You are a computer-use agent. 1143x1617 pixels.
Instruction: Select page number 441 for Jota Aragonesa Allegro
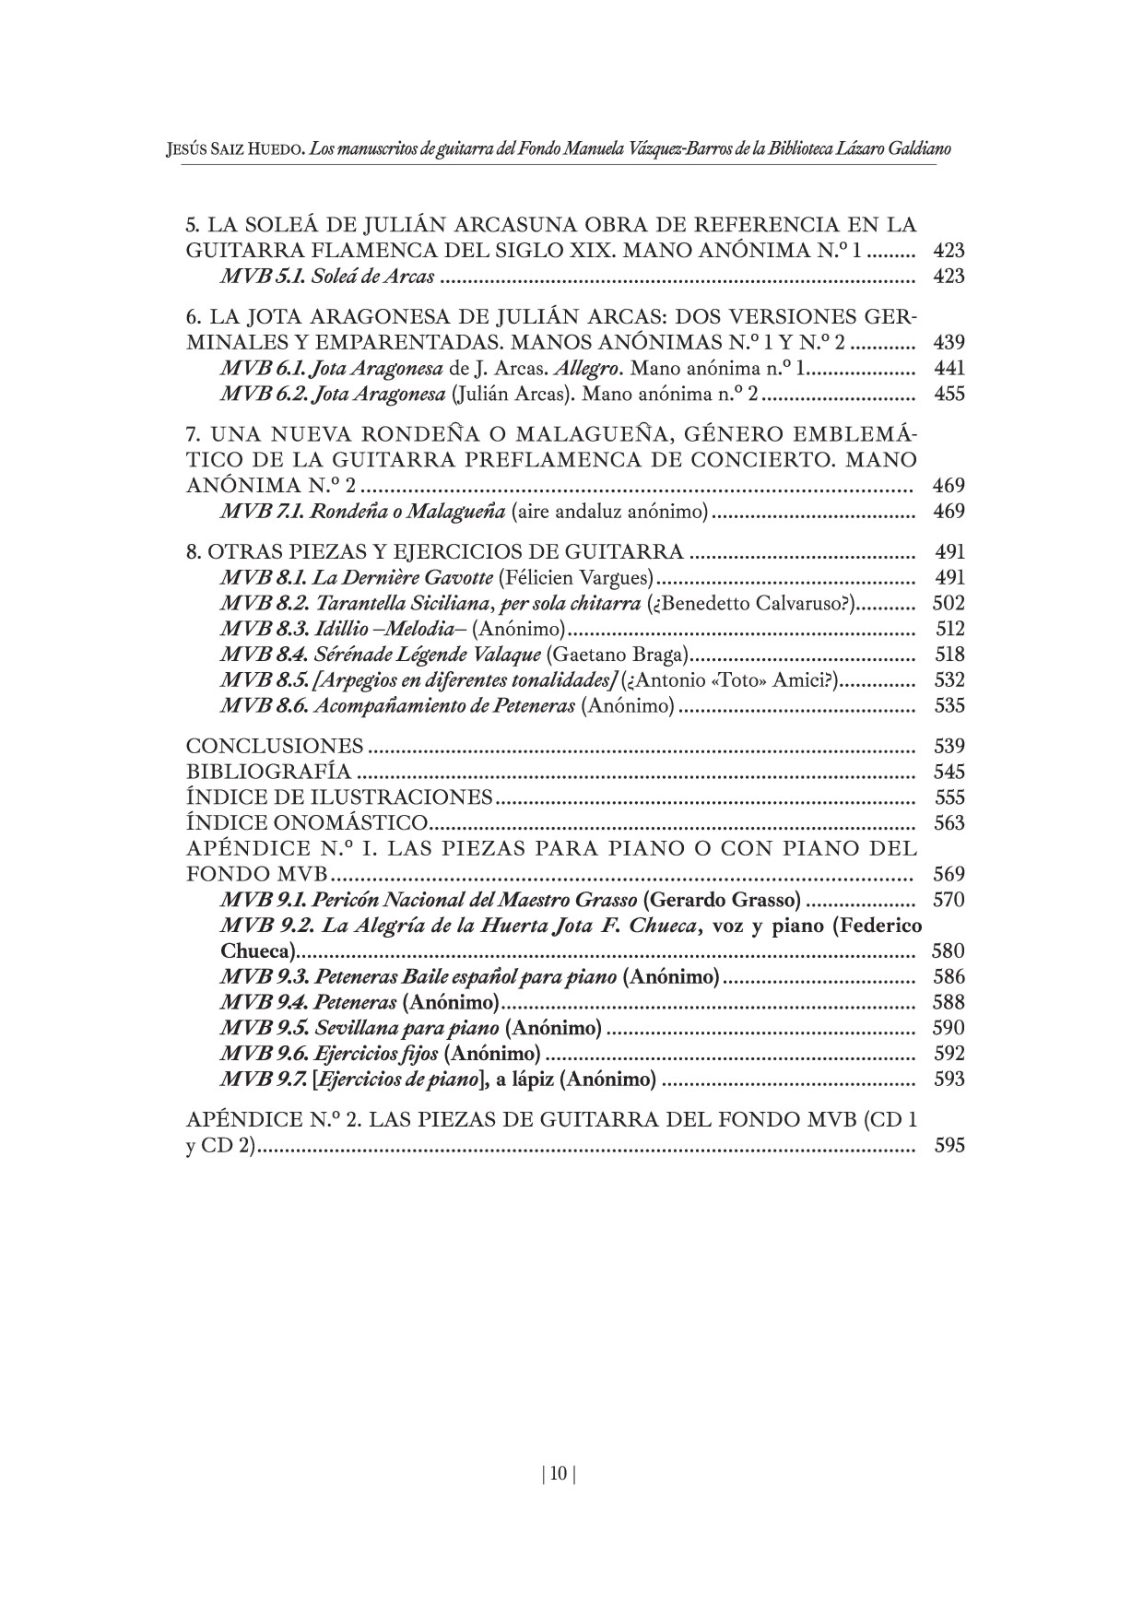949,369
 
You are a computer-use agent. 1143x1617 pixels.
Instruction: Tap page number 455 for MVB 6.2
949,395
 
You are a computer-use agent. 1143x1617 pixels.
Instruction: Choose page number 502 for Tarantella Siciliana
949,604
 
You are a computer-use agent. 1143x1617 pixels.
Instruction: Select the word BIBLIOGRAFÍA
268,772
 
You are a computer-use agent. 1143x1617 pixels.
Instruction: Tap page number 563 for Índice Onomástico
949,823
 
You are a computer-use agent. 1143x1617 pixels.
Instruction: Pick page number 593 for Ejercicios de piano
949,1080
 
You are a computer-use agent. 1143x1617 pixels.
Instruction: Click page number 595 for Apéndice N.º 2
949,1147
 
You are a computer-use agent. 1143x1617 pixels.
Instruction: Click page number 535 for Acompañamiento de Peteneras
949,706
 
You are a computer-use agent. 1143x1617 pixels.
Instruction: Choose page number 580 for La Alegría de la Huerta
949,951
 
